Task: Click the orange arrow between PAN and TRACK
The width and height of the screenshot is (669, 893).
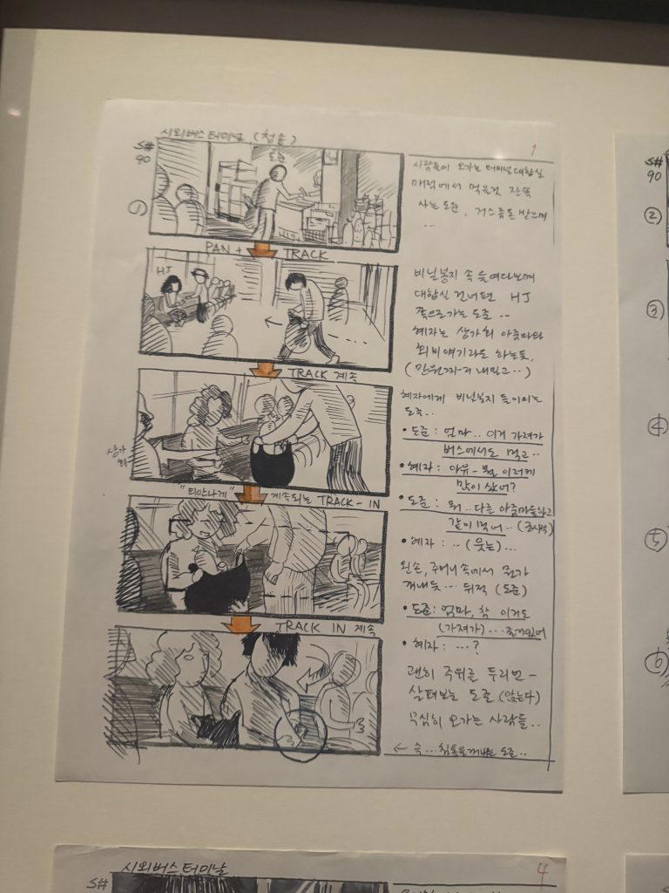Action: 262,251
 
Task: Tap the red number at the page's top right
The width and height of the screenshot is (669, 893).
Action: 532,148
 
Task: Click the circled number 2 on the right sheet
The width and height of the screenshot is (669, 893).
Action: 653,216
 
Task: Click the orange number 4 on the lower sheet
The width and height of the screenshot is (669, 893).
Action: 542,868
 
